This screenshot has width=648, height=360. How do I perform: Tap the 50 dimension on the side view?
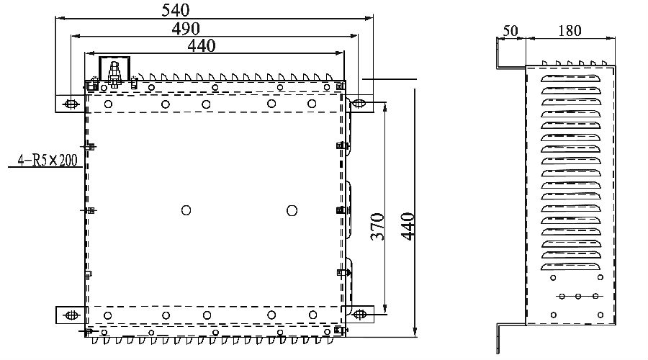510,31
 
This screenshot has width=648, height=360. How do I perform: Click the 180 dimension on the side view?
570,31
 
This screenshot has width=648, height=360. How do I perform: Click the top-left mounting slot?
71,104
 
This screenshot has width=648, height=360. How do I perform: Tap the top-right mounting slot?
360,104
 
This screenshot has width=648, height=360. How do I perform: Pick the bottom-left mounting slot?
71,315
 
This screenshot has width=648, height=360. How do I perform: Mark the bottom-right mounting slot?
360,315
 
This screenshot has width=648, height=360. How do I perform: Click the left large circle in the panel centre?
186,210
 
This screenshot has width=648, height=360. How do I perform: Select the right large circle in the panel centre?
292,210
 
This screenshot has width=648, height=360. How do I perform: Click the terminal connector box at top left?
113,71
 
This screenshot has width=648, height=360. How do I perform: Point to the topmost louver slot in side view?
570,77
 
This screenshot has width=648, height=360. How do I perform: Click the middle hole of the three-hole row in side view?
578,296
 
